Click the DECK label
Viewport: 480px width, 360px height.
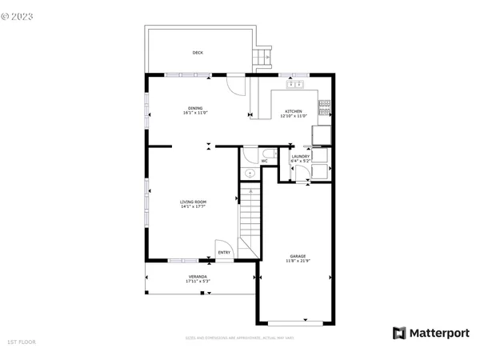point(198,53)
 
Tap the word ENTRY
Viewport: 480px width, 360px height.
point(224,253)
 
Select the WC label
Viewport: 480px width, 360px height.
point(263,161)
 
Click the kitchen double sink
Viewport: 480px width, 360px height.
point(294,84)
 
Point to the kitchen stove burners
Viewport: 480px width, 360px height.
point(325,104)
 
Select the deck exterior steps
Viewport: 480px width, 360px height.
point(262,58)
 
